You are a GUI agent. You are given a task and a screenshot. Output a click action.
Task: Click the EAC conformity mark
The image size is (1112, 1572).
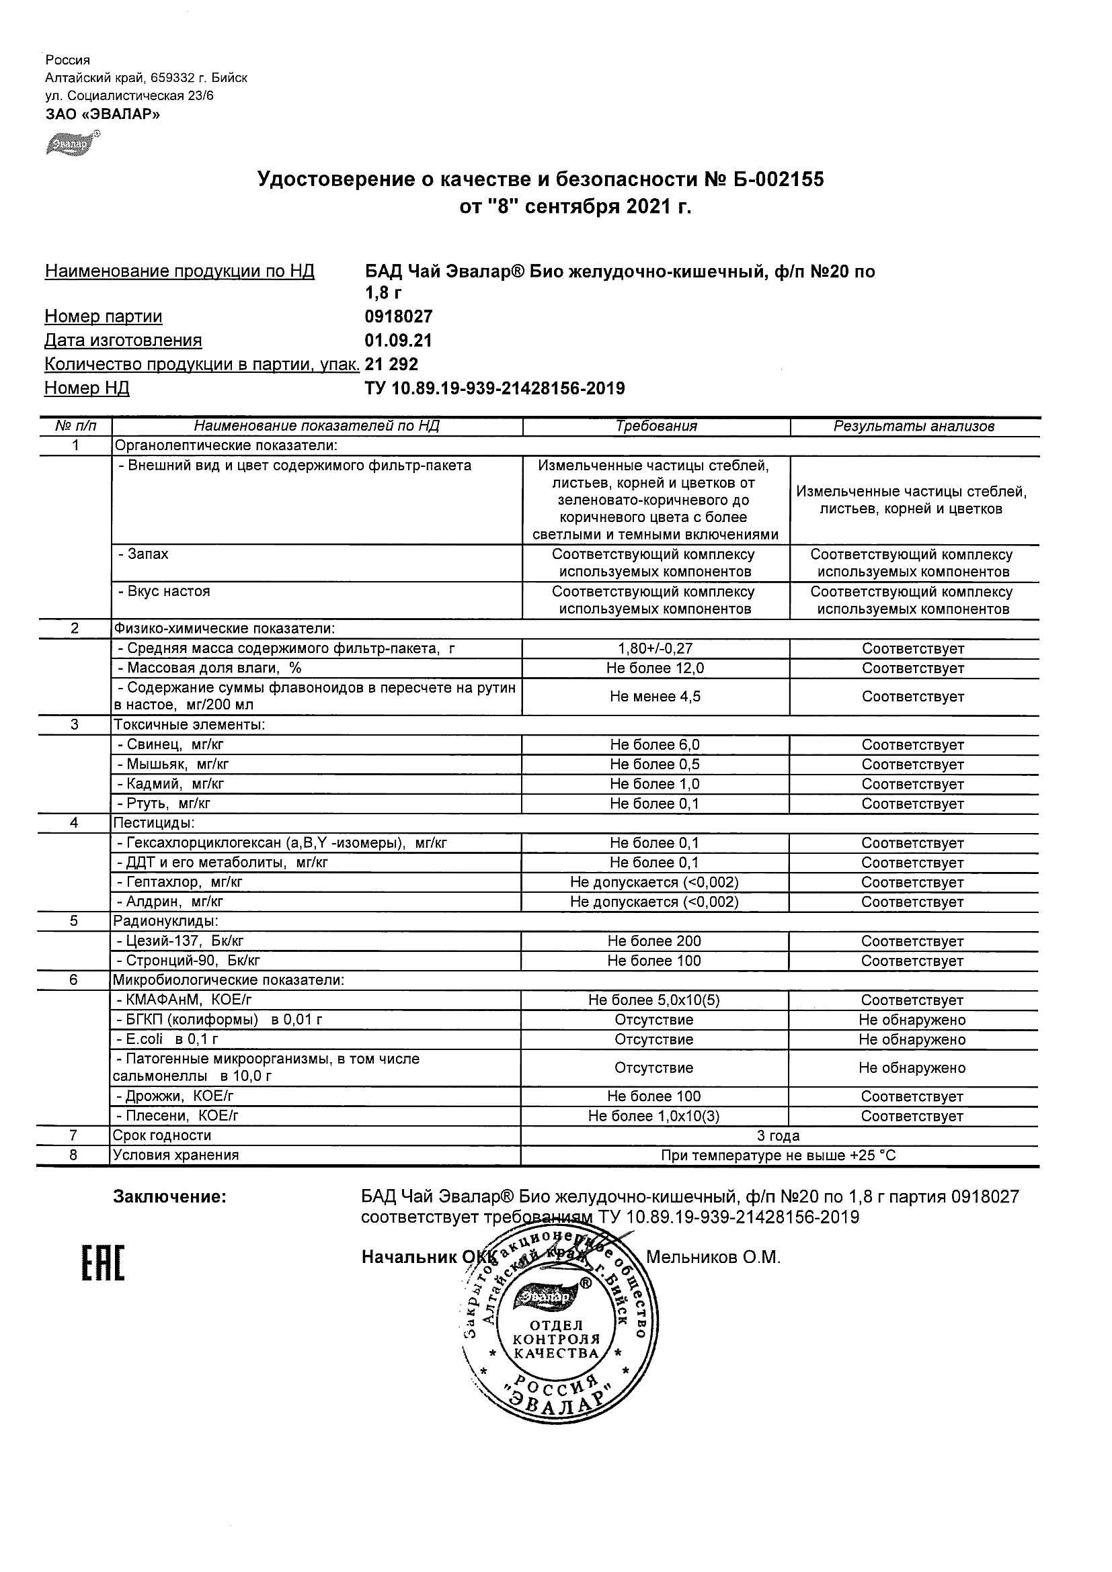[x=104, y=1263]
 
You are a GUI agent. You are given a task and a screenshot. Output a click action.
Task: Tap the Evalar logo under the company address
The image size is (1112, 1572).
[x=72, y=143]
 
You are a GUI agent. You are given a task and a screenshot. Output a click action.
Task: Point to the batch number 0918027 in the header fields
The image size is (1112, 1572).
[x=399, y=316]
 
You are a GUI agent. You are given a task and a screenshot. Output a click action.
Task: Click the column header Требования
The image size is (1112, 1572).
[x=656, y=426]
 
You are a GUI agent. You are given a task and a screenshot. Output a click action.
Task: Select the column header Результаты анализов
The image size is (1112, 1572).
[x=914, y=426]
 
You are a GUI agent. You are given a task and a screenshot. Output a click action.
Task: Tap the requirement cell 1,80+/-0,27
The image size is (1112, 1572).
[x=656, y=648]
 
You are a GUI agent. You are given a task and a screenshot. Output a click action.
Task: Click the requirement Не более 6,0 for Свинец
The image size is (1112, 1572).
[x=655, y=745]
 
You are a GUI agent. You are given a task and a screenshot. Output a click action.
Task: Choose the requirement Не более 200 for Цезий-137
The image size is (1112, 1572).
[x=654, y=941]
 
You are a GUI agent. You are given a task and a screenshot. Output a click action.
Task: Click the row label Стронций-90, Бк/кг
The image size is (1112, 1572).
[x=188, y=961]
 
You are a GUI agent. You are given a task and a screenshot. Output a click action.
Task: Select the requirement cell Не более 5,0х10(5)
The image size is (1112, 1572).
[x=654, y=1000]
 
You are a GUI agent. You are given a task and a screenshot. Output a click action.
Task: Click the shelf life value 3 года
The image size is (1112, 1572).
[x=779, y=1136]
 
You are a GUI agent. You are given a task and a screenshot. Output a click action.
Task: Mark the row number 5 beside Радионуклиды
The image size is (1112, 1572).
[x=74, y=922]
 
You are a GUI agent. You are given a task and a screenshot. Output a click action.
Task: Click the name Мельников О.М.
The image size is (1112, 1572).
[x=713, y=1257]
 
